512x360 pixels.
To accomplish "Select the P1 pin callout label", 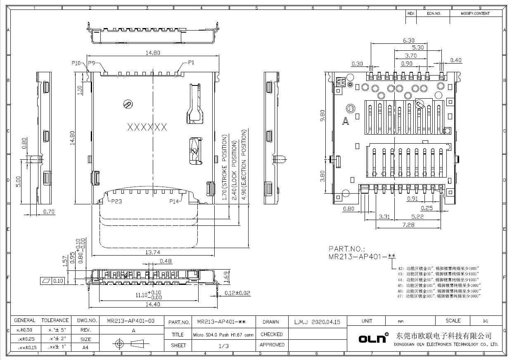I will click(191, 62).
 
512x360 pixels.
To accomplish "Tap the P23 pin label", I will click(116, 201).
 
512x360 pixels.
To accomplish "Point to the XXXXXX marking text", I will click(147, 127).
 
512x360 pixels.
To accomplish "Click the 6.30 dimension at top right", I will click(408, 40).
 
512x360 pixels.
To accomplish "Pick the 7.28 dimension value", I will click(409, 225).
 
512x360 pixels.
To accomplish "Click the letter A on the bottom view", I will click(345, 121).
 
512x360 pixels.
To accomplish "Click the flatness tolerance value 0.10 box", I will click(58, 281).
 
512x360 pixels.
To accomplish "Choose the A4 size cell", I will click(85, 348).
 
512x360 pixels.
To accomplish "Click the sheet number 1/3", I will click(223, 346).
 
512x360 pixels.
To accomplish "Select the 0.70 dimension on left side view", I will click(49, 212).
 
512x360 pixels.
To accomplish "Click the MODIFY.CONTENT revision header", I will click(475, 14).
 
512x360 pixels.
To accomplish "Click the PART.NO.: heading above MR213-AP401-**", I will click(347, 249).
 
